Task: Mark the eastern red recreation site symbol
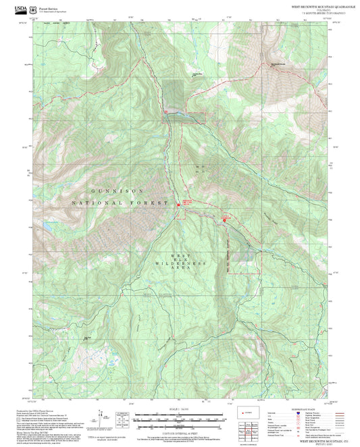tap(225, 219)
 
